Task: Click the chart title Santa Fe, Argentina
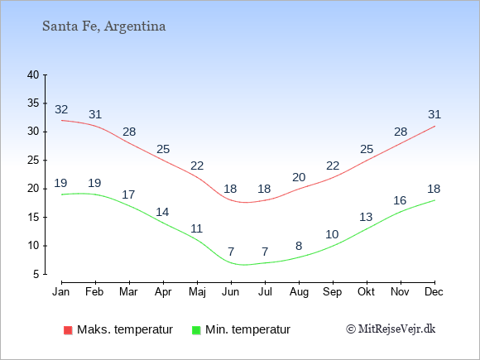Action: click(x=103, y=26)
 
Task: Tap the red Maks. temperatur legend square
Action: click(x=68, y=330)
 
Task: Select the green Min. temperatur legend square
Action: click(x=196, y=330)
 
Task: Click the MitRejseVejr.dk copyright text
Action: click(x=391, y=329)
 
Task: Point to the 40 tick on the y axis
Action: click(x=33, y=74)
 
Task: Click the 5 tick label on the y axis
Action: click(x=36, y=274)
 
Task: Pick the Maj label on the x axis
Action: click(x=197, y=292)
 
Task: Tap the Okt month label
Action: click(x=366, y=292)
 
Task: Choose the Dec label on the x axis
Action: click(x=434, y=292)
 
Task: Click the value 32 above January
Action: click(x=61, y=109)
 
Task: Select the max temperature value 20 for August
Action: click(x=299, y=177)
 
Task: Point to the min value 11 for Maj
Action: click(x=196, y=228)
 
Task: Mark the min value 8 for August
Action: click(x=299, y=246)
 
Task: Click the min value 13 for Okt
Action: click(x=366, y=217)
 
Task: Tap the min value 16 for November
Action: click(x=400, y=200)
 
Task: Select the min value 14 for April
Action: click(x=162, y=212)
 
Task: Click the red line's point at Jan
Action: click(x=62, y=120)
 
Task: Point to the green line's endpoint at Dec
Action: click(x=434, y=200)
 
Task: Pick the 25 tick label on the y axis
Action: click(x=33, y=160)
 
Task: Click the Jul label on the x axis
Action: click(x=265, y=292)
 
